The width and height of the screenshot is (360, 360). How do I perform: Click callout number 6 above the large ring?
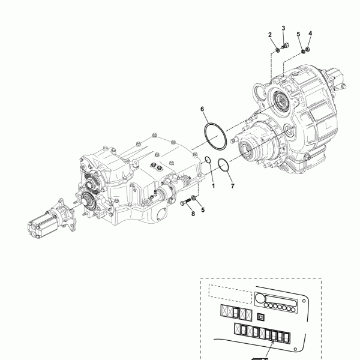click(203, 109)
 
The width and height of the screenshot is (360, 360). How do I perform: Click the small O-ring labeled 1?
click(207, 160)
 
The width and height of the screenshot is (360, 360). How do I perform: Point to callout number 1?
click(212, 187)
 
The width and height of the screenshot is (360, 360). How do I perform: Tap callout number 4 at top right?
click(310, 33)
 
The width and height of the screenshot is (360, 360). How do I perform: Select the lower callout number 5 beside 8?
click(203, 209)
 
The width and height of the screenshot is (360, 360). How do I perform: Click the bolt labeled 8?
click(184, 201)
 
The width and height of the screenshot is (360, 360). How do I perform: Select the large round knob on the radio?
click(260, 299)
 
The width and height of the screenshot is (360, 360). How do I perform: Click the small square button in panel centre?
click(260, 316)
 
